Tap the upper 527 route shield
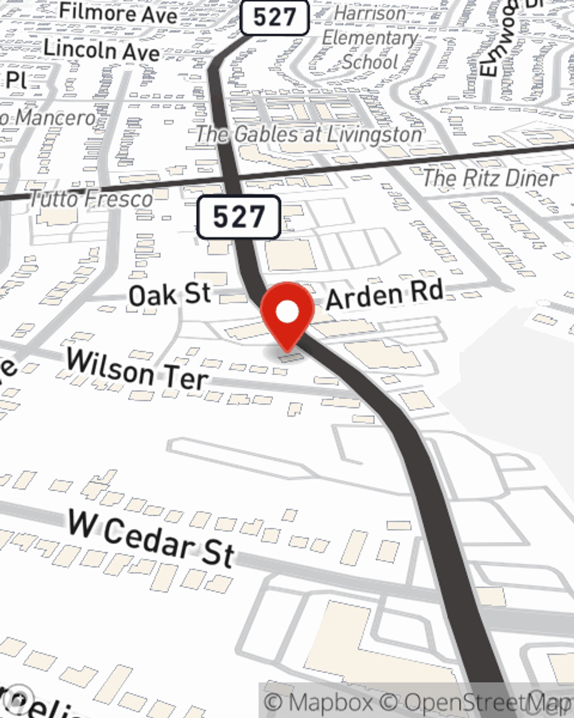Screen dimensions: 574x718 pos(274,17)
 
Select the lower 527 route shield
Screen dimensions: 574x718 pos(238,217)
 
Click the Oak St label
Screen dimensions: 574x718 pos(170,295)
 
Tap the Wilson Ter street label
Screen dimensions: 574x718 pos(137,370)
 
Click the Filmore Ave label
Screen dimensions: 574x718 pos(118,13)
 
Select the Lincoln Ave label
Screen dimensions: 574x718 pos(102,50)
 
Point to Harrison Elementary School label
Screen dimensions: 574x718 pos(370,37)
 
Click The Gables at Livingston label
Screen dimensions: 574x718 pos(309,134)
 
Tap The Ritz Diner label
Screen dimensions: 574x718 pos(490,178)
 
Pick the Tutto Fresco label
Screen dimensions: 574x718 pos(91,199)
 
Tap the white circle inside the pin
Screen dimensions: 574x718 pos(288,312)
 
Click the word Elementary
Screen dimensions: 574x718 pos(370,38)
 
